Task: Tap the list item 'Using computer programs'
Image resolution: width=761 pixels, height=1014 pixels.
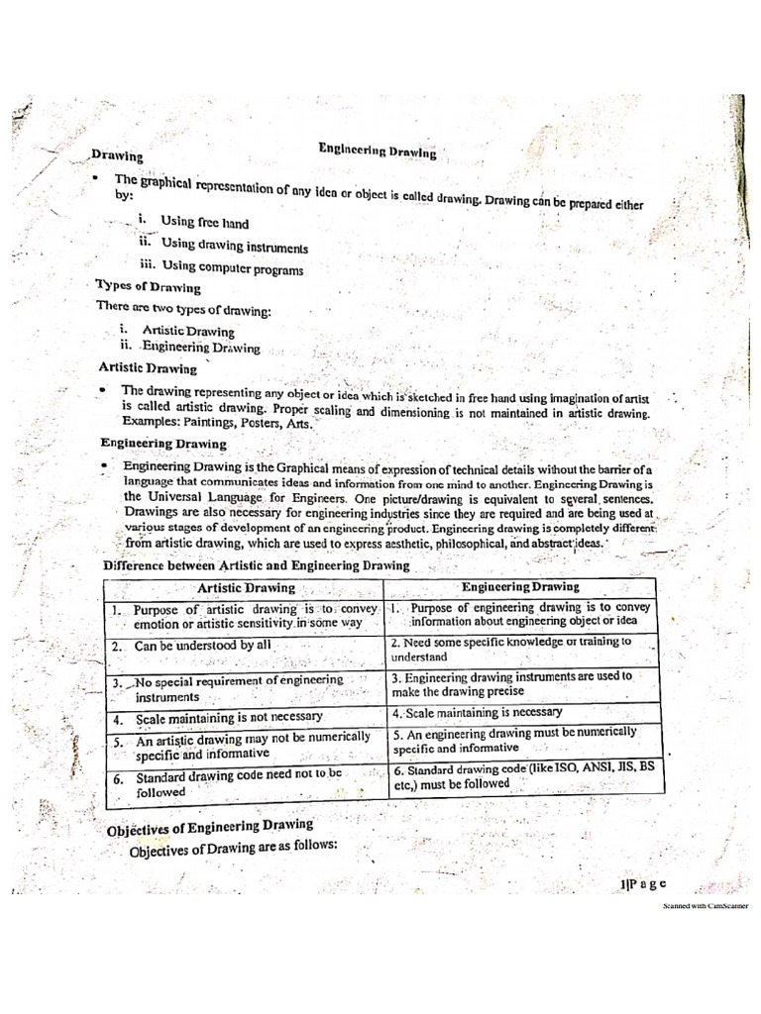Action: pos(232,267)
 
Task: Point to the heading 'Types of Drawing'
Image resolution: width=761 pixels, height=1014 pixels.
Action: pos(148,287)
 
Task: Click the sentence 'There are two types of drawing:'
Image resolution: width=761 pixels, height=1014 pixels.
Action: pos(183,310)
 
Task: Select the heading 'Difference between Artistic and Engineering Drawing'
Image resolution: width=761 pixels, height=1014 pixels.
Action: pos(257,565)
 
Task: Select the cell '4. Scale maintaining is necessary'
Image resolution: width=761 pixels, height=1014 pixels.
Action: pos(477,712)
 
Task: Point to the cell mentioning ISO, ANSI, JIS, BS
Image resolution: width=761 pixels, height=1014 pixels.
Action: pos(522,775)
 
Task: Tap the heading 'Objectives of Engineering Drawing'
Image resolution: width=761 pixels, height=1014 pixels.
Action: pos(210,826)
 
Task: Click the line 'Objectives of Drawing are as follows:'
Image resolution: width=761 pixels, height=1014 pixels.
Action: pos(234,847)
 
